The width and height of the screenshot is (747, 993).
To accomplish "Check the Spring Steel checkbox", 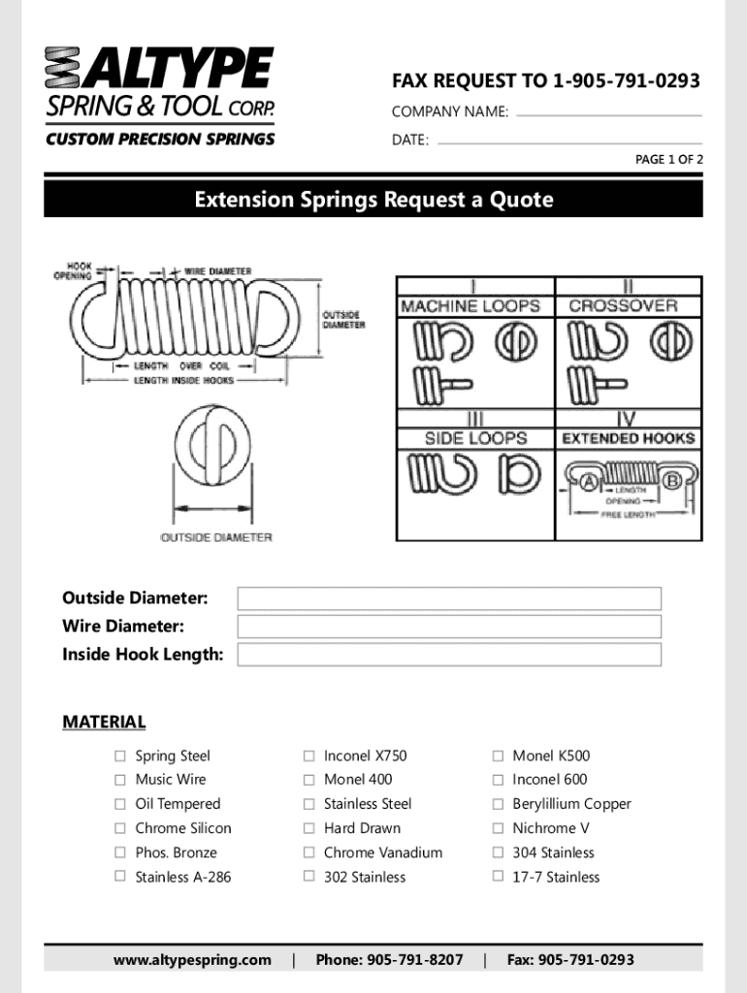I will tap(120, 756).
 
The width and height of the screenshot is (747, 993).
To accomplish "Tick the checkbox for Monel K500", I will tap(498, 756).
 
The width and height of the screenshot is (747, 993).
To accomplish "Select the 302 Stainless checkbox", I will tap(309, 877).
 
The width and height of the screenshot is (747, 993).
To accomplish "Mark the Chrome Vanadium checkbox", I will tap(309, 852).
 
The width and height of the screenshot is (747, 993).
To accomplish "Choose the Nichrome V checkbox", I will tap(498, 828).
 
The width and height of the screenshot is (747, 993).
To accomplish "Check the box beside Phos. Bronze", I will tap(120, 852).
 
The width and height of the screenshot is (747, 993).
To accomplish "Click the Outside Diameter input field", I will tap(448, 598).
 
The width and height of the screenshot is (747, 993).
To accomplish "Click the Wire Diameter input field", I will tap(448, 626).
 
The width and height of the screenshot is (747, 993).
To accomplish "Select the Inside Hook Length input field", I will tap(448, 655).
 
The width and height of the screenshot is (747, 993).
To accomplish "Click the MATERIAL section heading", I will tap(104, 721).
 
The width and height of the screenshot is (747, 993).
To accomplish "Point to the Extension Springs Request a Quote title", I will tap(373, 200).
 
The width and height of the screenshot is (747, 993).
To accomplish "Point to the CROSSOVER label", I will tap(623, 305).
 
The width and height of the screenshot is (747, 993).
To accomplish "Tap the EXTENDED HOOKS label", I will tap(628, 438).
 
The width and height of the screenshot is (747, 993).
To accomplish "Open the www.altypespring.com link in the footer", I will tap(192, 960).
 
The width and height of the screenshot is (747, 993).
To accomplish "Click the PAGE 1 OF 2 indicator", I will tap(668, 160).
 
